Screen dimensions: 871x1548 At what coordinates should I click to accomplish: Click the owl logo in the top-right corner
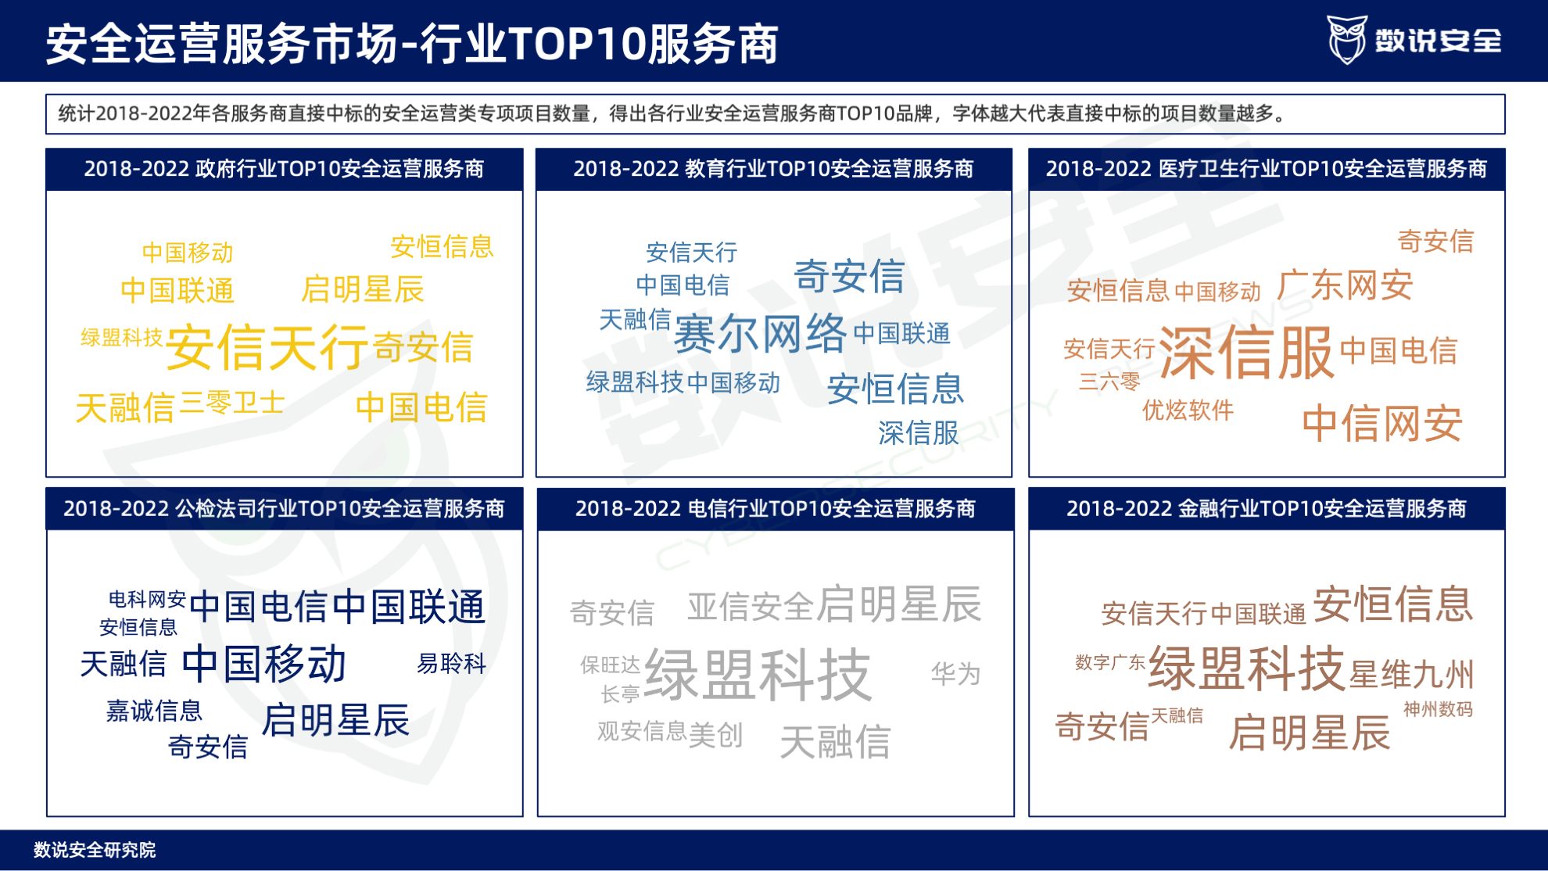[1346, 39]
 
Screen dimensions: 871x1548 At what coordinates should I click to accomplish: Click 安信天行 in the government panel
[267, 347]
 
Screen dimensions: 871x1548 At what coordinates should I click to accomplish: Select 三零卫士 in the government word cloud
[231, 403]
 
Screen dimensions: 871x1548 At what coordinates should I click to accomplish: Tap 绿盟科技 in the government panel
[121, 338]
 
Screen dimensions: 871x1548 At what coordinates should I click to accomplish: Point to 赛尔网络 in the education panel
[760, 334]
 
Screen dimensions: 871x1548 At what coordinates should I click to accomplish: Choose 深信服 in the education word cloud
[918, 432]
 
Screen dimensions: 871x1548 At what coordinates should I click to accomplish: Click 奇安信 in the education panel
[849, 277]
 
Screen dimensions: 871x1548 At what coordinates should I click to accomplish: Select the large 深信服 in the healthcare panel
[1245, 353]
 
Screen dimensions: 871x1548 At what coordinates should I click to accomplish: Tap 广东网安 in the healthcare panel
[1345, 285]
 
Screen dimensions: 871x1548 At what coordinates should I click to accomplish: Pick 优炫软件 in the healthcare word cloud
[1188, 410]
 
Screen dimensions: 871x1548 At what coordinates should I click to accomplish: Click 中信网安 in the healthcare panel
[1381, 425]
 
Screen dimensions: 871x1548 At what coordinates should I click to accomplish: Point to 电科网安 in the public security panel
[147, 599]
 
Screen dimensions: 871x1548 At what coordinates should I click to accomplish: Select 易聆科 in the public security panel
[451, 664]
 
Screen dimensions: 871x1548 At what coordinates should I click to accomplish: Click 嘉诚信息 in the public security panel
[154, 711]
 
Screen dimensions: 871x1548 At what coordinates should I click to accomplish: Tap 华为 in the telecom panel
[955, 673]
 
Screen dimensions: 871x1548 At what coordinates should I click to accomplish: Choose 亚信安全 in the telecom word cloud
[751, 607]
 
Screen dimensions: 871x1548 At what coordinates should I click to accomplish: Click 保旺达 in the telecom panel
[610, 665]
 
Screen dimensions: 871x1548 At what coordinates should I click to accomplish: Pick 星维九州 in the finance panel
[1411, 674]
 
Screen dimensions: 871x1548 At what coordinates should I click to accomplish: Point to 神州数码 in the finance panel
[1438, 709]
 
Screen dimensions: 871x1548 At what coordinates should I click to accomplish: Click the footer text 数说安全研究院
[95, 850]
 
